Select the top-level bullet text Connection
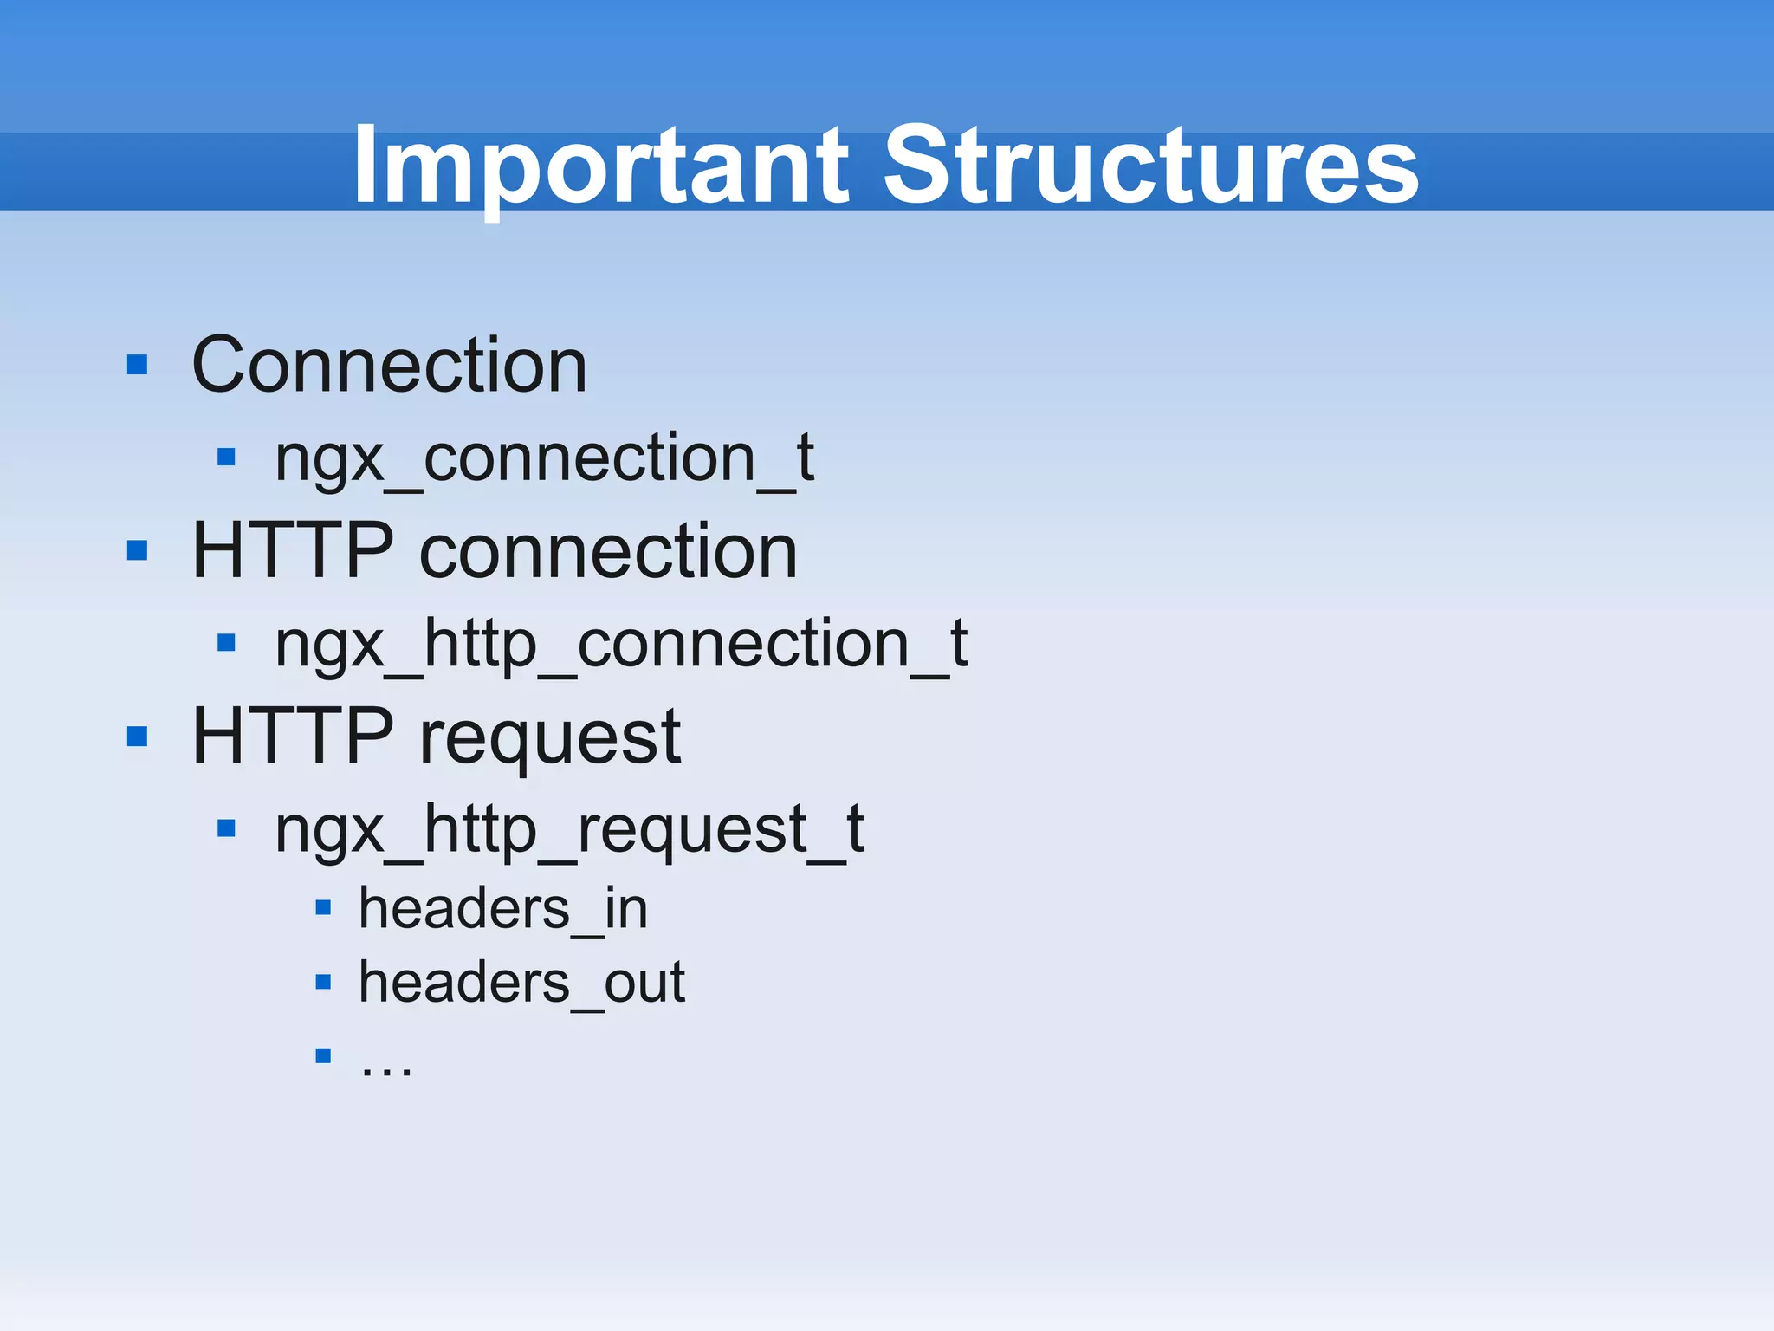click(x=389, y=366)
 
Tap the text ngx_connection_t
click(x=544, y=458)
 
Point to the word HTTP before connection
click(x=293, y=551)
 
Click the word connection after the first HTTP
click(x=608, y=553)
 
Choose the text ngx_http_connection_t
click(x=620, y=645)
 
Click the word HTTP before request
click(x=293, y=737)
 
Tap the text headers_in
click(x=503, y=909)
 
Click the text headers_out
click(x=521, y=983)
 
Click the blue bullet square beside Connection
click(x=137, y=365)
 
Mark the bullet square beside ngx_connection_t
click(x=227, y=457)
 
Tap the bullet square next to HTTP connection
click(x=137, y=550)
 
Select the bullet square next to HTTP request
click(x=137, y=737)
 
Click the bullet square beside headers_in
click(x=323, y=908)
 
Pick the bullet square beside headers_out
click(x=323, y=982)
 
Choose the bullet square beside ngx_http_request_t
click(x=227, y=828)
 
